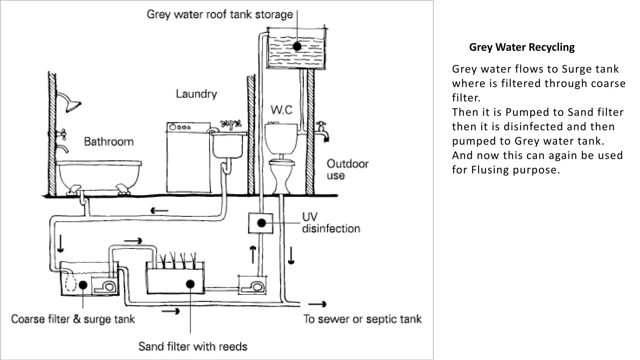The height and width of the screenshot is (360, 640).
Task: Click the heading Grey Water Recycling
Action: pyautogui.click(x=522, y=47)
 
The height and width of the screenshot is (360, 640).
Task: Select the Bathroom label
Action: pyautogui.click(x=109, y=142)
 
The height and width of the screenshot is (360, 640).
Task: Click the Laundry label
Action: pyautogui.click(x=196, y=94)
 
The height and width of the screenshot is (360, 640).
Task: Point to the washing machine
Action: pyautogui.click(x=188, y=159)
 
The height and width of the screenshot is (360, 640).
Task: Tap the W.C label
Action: pyautogui.click(x=281, y=110)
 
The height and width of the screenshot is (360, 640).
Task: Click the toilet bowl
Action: pyautogui.click(x=282, y=175)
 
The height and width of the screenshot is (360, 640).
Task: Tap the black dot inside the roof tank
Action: pyautogui.click(x=297, y=47)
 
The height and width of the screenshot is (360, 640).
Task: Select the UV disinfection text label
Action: pyautogui.click(x=331, y=223)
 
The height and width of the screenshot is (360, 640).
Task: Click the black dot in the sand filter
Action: pyautogui.click(x=190, y=284)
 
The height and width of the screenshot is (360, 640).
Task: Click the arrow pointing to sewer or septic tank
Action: pyautogui.click(x=317, y=304)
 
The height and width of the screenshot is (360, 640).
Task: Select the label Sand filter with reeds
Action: pyautogui.click(x=193, y=347)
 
